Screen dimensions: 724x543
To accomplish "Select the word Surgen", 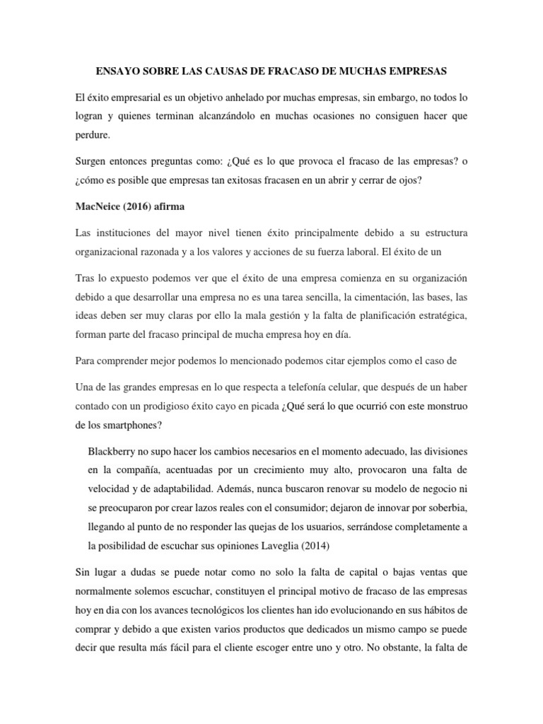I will click(92, 161).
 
